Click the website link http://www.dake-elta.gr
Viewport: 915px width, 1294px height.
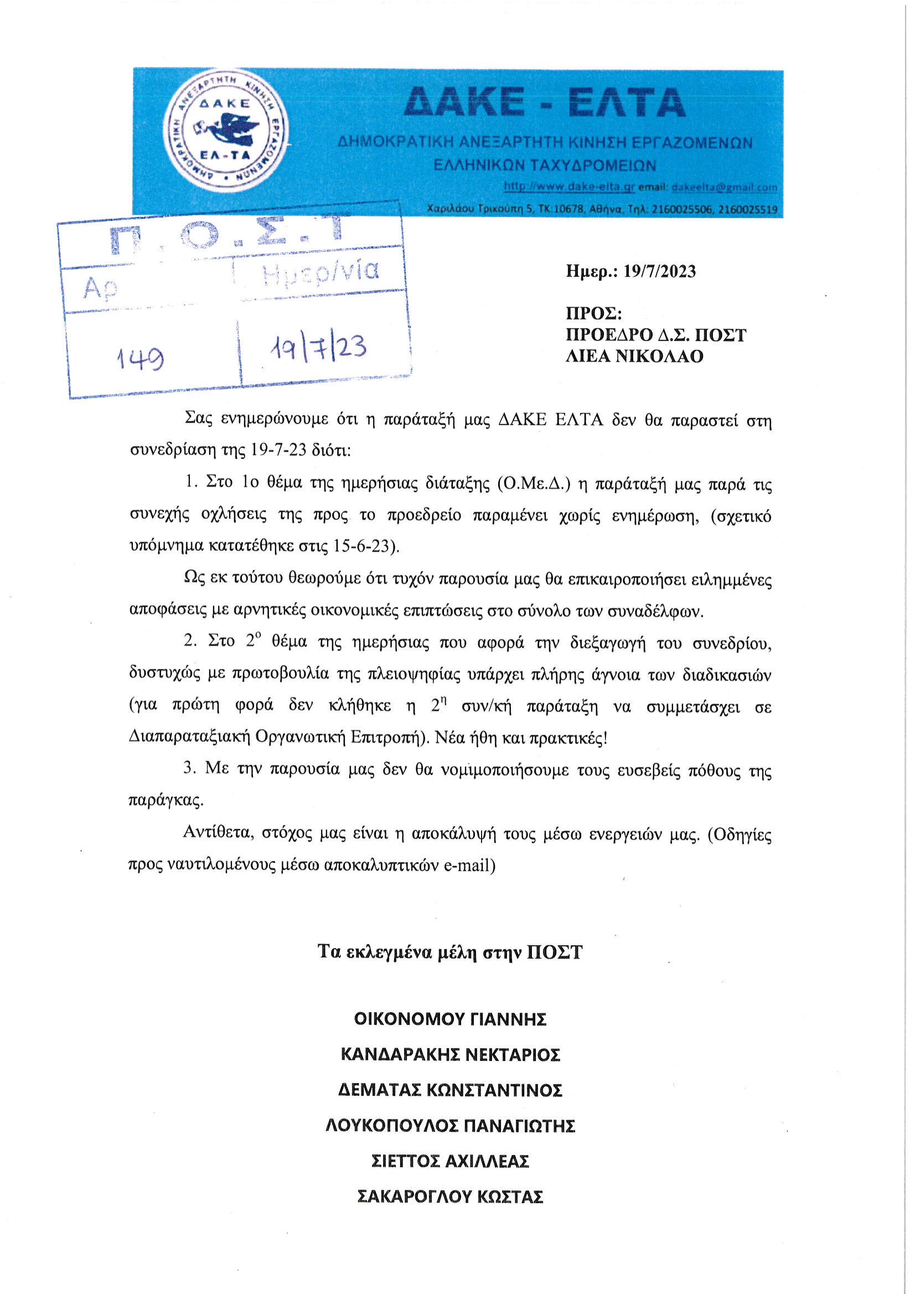coord(569,187)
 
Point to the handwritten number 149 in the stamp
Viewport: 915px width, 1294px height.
coord(140,357)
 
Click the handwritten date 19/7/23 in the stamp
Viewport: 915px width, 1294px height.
coord(318,348)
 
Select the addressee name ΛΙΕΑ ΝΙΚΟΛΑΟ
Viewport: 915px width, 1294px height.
coord(634,356)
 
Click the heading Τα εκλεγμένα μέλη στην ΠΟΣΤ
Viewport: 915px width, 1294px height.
coord(449,952)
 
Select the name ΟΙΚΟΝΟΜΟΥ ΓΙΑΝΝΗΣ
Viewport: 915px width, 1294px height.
coord(450,1019)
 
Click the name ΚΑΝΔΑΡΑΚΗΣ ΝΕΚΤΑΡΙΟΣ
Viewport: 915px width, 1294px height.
coord(450,1054)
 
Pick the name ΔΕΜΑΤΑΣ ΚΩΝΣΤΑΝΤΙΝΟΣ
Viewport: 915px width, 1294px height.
coord(450,1090)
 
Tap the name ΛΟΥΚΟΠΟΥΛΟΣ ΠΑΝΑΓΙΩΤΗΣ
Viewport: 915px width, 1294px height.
coord(450,1126)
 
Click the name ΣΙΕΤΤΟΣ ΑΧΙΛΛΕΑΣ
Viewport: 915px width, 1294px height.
coord(450,1161)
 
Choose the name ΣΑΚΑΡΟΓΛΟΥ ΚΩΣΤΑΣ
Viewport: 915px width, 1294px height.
coord(450,1197)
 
